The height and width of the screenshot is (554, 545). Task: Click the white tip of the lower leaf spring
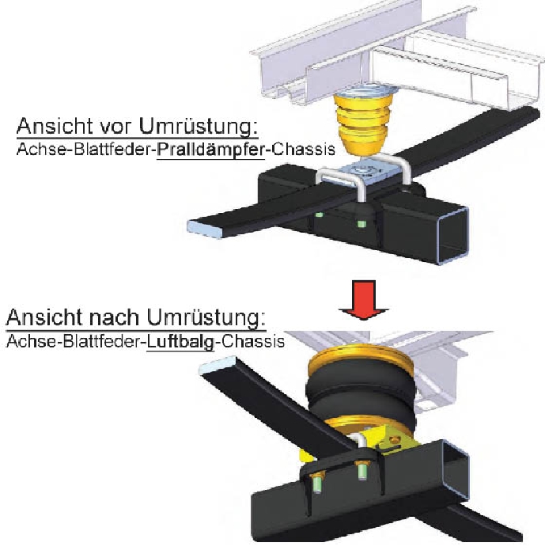point(216,364)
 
